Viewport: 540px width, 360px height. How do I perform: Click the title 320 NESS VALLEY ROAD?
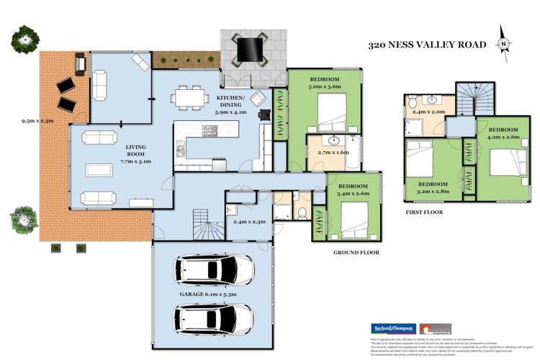click(428, 45)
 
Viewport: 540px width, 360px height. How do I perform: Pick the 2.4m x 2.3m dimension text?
click(248, 222)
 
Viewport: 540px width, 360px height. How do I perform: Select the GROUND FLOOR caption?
click(356, 253)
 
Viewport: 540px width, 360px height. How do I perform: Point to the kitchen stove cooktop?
click(210, 131)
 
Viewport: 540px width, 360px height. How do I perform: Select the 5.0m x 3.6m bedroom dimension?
click(326, 86)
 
